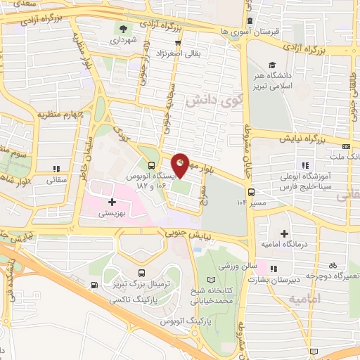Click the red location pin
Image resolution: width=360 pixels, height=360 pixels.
[x=181, y=164]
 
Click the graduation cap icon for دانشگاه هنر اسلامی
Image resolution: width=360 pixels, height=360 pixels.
[x=272, y=64]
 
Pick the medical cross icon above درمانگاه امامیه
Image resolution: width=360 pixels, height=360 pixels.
[x=285, y=233]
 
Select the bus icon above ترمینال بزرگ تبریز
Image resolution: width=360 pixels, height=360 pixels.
[x=142, y=273]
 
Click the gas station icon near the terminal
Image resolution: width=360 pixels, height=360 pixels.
[x=95, y=285]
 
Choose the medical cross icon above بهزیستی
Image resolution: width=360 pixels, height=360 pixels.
[x=112, y=202]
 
